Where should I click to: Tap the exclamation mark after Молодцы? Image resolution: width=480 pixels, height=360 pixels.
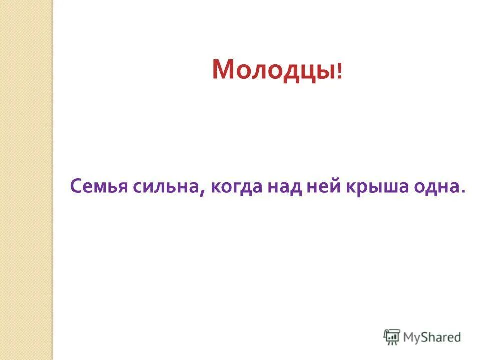340,72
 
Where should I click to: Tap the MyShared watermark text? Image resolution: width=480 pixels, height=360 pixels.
432,337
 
